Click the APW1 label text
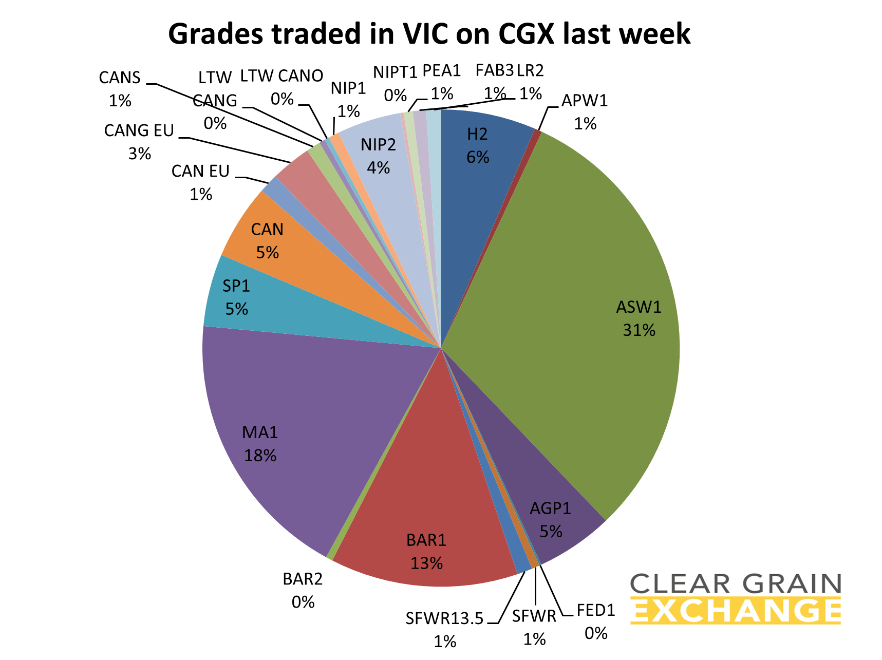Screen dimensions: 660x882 point(585,101)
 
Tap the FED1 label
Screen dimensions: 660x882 point(596,610)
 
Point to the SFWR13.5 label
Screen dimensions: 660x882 point(444,618)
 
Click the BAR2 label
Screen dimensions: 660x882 point(303,579)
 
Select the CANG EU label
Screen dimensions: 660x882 point(139,130)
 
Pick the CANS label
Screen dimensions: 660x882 point(120,78)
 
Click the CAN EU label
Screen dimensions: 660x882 point(200,171)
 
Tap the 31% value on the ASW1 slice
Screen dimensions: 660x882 point(639,330)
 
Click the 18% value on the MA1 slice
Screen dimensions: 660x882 point(260,455)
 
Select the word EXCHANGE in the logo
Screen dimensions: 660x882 point(736,611)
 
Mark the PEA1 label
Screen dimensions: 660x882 point(442,70)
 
